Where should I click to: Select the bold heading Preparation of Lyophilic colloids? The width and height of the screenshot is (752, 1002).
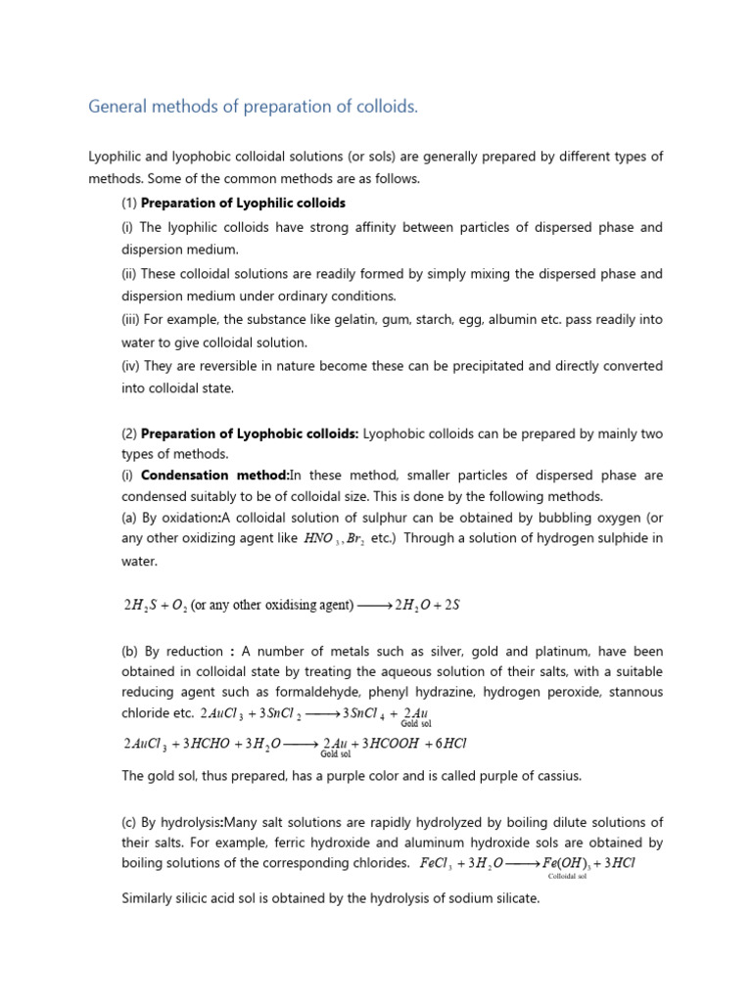point(243,203)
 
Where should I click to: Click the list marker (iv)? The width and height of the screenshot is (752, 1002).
point(130,365)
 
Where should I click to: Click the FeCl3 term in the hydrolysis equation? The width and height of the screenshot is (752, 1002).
point(438,864)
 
